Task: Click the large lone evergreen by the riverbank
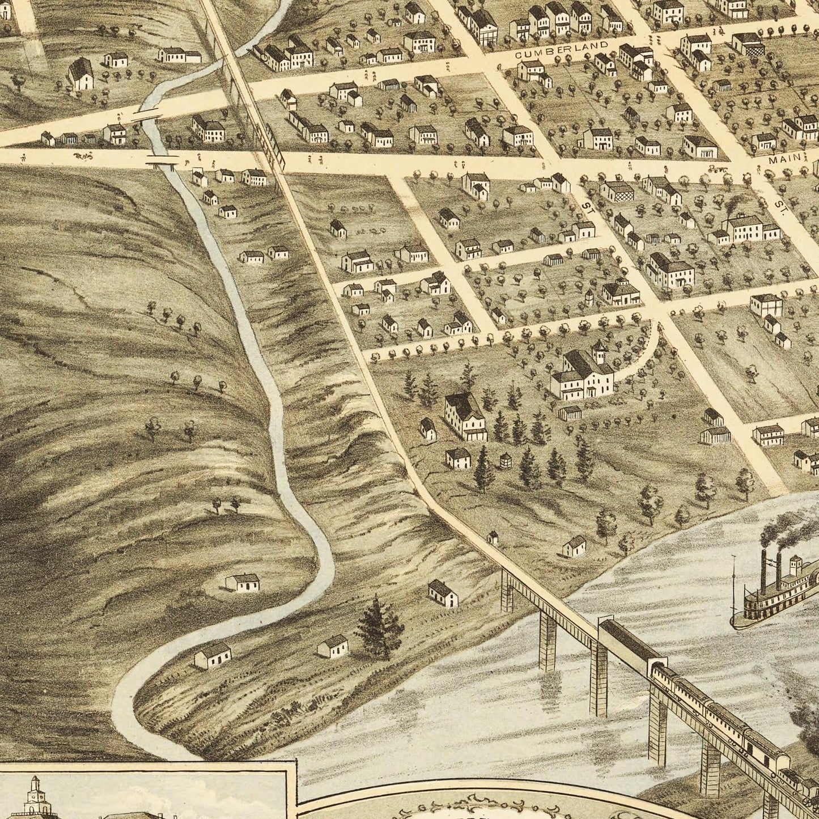380,626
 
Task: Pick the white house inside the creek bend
243,583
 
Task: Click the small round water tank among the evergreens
503,461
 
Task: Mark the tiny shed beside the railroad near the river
492,537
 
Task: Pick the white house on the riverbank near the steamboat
574,546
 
